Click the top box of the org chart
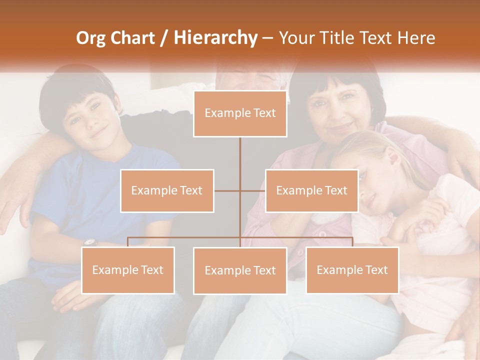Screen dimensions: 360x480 click(240, 113)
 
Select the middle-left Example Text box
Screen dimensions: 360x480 click(167, 190)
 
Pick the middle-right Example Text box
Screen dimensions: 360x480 click(311, 190)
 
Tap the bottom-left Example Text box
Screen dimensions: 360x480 click(128, 270)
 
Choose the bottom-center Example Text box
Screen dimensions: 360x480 click(240, 270)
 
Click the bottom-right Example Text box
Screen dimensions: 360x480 click(352, 270)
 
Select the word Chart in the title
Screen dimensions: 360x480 click(133, 37)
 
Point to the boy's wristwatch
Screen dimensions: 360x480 click(90, 242)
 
